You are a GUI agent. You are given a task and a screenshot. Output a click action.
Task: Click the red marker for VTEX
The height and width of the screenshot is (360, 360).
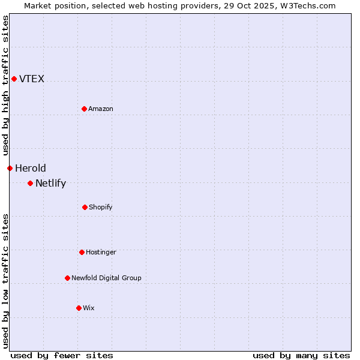(14, 79)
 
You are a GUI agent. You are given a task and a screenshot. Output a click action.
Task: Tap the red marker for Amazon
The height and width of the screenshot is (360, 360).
(84, 109)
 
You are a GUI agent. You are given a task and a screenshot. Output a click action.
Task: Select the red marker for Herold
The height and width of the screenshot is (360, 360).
(10, 168)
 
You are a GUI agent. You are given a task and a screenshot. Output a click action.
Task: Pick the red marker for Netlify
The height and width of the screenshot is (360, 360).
(30, 183)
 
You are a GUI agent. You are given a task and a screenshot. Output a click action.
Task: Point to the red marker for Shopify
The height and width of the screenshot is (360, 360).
(85, 207)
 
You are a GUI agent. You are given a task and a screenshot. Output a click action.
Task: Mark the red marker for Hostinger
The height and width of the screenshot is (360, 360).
(82, 252)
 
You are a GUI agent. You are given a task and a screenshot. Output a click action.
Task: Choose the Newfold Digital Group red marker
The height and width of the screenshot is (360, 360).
(67, 278)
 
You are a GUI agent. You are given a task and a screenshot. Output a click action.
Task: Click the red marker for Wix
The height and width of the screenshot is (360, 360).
(79, 308)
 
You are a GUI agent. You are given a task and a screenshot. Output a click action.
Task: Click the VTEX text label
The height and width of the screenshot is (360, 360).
(32, 79)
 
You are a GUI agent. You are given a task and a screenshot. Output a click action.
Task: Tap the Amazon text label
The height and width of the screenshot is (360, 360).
(101, 109)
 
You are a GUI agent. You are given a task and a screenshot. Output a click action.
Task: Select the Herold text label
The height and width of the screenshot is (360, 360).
(31, 168)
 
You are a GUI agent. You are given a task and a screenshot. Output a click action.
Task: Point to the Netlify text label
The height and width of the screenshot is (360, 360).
(50, 183)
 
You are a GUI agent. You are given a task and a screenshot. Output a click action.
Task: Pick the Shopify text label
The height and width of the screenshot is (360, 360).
(101, 207)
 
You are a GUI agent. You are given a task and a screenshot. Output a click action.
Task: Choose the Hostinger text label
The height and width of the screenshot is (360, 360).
(101, 252)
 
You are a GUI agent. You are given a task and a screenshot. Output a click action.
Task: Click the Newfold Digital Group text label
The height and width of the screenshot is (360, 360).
(106, 278)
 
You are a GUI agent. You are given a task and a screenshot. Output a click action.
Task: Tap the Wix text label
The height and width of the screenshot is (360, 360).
(89, 308)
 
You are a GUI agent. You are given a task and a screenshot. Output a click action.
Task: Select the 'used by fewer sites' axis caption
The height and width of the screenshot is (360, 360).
(62, 355)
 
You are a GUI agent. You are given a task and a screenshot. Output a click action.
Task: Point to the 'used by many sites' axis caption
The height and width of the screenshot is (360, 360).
(301, 355)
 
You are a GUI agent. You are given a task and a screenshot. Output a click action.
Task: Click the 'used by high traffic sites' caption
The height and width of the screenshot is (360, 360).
(5, 85)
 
